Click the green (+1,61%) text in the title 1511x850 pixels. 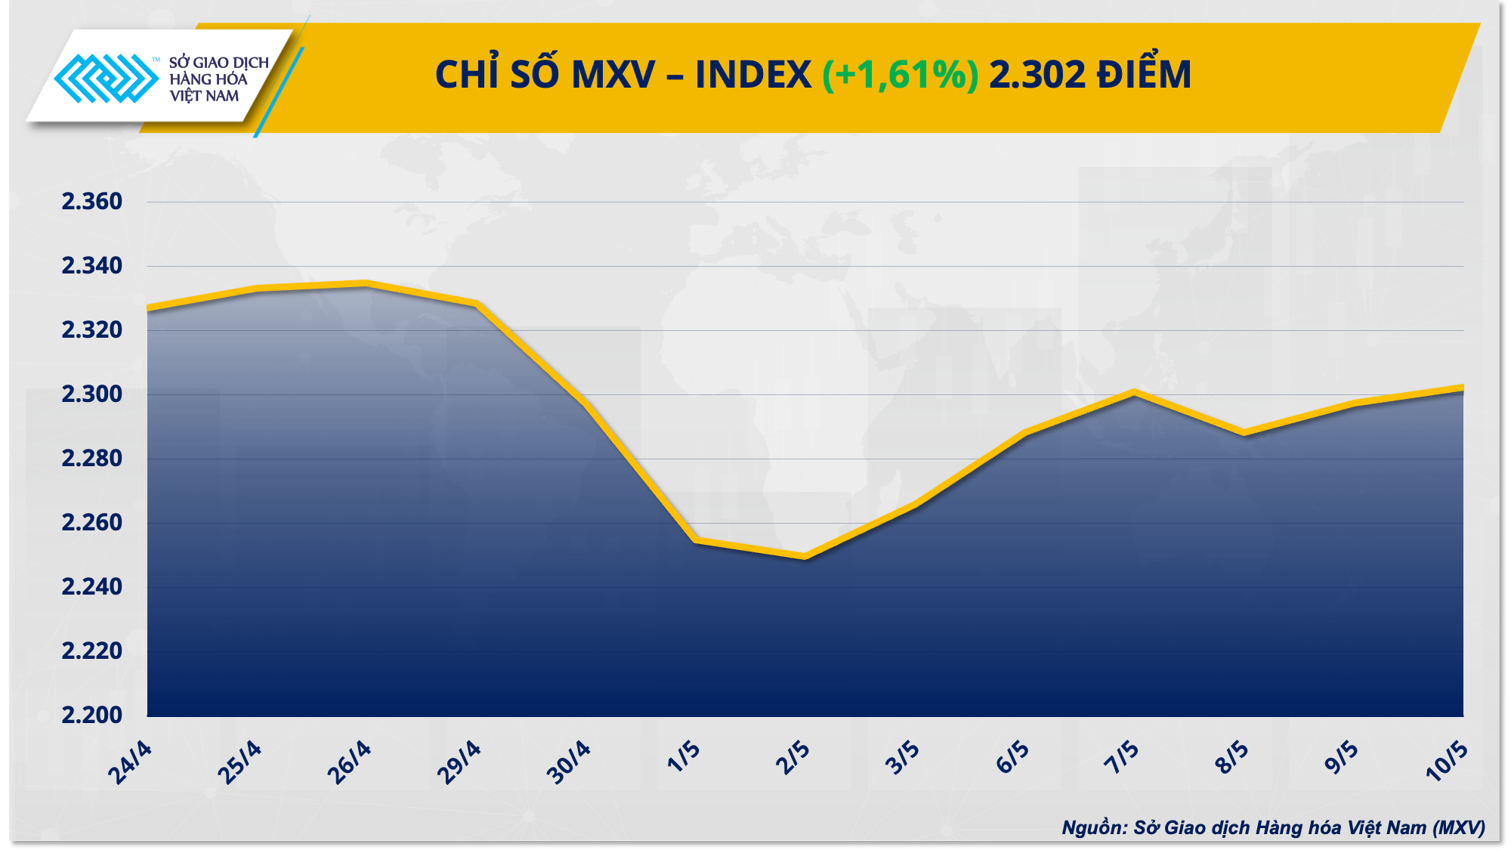(x=900, y=75)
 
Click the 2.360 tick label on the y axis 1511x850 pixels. (x=91, y=202)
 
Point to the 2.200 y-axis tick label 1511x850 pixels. (x=91, y=715)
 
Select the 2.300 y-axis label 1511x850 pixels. (x=91, y=394)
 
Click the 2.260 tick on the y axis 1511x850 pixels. (x=91, y=523)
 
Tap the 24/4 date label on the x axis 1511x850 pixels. (x=130, y=762)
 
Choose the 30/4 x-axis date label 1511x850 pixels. (x=568, y=762)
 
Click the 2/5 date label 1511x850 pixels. (x=793, y=758)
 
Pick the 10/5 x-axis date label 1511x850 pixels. (x=1446, y=761)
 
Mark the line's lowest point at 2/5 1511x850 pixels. (x=805, y=557)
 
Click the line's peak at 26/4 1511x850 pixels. (x=366, y=283)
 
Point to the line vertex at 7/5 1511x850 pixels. (x=1134, y=392)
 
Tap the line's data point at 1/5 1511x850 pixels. (x=695, y=540)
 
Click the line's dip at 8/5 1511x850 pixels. (x=1244, y=433)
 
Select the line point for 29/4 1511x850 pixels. (x=476, y=303)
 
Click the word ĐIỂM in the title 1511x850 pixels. (x=1144, y=75)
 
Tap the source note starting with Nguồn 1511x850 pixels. (x=1273, y=827)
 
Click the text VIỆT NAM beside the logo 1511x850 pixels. (x=204, y=96)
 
